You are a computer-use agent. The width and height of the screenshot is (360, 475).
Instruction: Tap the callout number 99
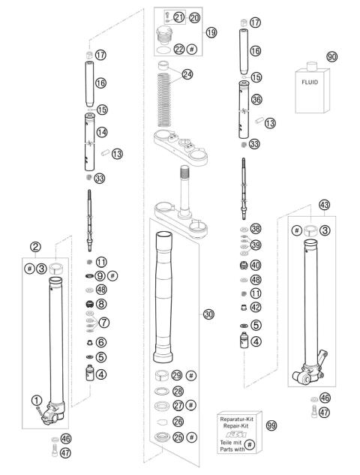click(x=271, y=425)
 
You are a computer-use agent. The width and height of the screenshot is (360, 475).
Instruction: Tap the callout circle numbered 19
click(x=211, y=33)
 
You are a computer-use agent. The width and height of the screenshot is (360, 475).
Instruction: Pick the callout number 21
click(x=178, y=17)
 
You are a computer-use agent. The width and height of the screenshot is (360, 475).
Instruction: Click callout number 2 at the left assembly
click(x=35, y=246)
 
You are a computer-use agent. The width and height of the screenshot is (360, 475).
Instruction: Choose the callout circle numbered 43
click(x=324, y=204)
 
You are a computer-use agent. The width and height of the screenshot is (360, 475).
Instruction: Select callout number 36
click(x=257, y=99)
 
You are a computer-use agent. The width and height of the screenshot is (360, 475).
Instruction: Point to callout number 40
click(x=256, y=265)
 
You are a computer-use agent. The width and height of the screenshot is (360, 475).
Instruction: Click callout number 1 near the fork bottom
click(x=35, y=400)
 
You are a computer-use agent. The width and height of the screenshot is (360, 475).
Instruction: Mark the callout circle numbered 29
click(x=177, y=374)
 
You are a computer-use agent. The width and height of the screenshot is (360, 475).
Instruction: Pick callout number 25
click(x=177, y=437)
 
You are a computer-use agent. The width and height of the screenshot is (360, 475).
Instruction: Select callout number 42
click(x=256, y=307)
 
